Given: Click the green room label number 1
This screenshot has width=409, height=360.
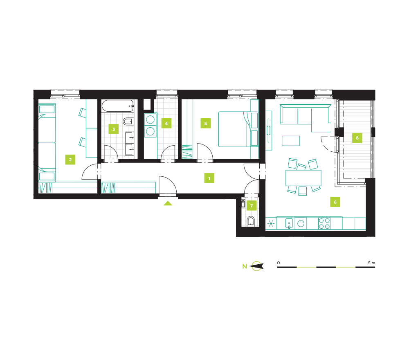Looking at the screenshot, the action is [x=209, y=178].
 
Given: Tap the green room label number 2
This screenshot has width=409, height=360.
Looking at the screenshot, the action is [x=70, y=160].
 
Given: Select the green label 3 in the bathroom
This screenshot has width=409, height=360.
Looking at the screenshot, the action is [x=113, y=129].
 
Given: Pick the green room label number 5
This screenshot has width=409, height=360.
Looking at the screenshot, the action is [x=206, y=124].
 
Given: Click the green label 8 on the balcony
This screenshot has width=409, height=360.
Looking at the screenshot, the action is [x=357, y=138].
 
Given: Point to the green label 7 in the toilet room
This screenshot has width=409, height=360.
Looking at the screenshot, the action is [x=252, y=205].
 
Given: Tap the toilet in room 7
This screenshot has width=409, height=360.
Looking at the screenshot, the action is [x=251, y=221].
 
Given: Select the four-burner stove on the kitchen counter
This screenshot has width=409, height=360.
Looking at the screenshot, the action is [x=324, y=223].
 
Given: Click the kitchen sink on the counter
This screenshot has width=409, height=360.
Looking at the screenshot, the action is [x=289, y=223].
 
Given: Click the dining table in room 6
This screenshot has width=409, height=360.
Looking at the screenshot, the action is [x=303, y=178].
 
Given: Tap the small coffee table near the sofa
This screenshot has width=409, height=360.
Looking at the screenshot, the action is [x=291, y=141].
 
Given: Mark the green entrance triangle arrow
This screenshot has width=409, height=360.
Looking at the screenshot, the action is [x=168, y=203].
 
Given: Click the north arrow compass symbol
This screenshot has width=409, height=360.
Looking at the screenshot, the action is [x=256, y=266].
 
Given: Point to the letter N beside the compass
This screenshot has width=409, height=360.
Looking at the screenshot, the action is [x=245, y=266].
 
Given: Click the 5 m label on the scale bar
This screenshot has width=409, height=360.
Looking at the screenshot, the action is [x=372, y=263].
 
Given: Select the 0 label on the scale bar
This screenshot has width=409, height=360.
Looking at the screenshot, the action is [x=279, y=263].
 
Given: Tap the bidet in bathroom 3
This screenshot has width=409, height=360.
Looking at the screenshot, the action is [x=128, y=121].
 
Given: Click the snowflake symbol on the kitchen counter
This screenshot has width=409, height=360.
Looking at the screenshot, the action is [x=271, y=223].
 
